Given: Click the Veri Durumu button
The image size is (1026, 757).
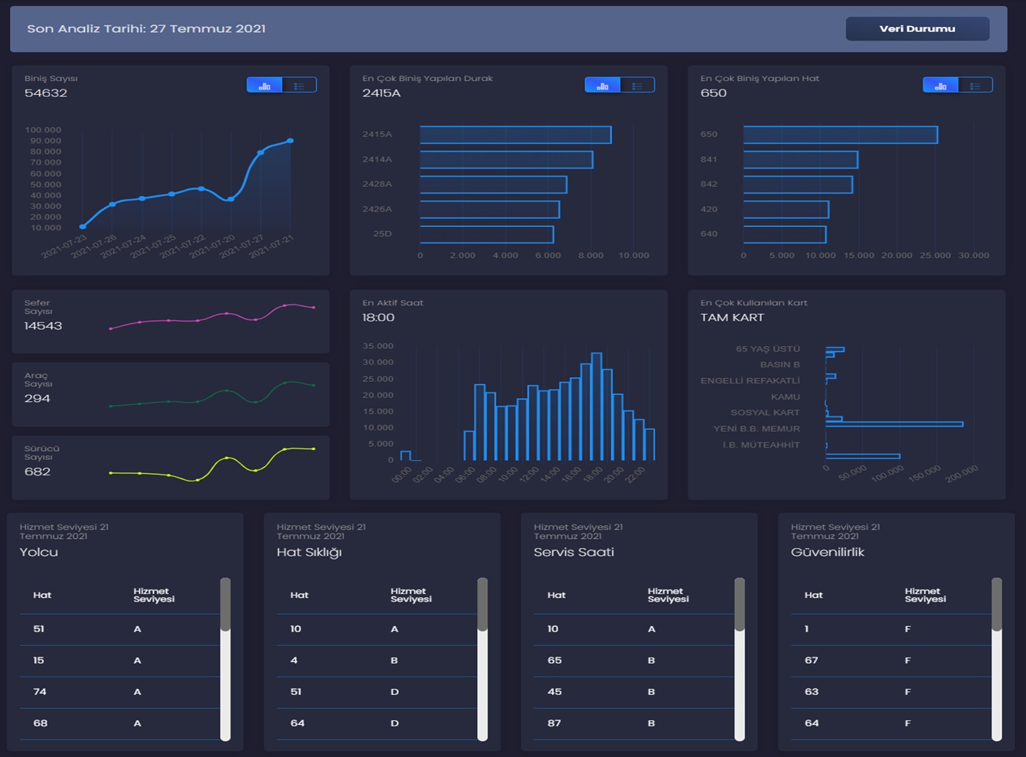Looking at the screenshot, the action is (x=917, y=28).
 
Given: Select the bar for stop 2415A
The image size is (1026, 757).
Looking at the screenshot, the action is (x=515, y=135).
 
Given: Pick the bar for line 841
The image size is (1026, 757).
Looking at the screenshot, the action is (x=801, y=159).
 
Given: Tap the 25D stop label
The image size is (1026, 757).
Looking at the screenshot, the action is (x=383, y=234).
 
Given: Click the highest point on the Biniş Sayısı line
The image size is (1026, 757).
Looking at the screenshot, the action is (x=290, y=141).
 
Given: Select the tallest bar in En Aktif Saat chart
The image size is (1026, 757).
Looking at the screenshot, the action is (x=596, y=406).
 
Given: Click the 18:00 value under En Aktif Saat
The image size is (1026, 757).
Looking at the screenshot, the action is (x=378, y=318).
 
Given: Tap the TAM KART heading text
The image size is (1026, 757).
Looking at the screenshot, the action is (x=732, y=318).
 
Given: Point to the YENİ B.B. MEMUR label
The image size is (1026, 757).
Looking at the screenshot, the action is (x=756, y=429).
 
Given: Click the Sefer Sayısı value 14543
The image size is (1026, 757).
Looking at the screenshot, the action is (x=43, y=326).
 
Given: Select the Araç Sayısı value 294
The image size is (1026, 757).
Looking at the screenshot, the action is (x=37, y=399).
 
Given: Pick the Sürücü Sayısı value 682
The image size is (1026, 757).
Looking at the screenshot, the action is (x=37, y=471).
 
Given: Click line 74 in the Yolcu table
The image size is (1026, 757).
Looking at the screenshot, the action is (x=40, y=692).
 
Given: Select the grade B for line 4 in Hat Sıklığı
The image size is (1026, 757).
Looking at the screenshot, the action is (x=394, y=661).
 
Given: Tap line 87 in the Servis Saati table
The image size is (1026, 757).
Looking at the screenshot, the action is (x=554, y=723).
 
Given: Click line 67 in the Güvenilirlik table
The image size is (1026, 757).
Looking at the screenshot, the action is (x=812, y=661).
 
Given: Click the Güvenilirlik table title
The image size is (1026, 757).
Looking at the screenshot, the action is (x=828, y=552).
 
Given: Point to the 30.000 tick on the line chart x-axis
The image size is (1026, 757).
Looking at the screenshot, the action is (x=974, y=255).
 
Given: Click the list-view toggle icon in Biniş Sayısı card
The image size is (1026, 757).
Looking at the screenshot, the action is (x=299, y=86).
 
